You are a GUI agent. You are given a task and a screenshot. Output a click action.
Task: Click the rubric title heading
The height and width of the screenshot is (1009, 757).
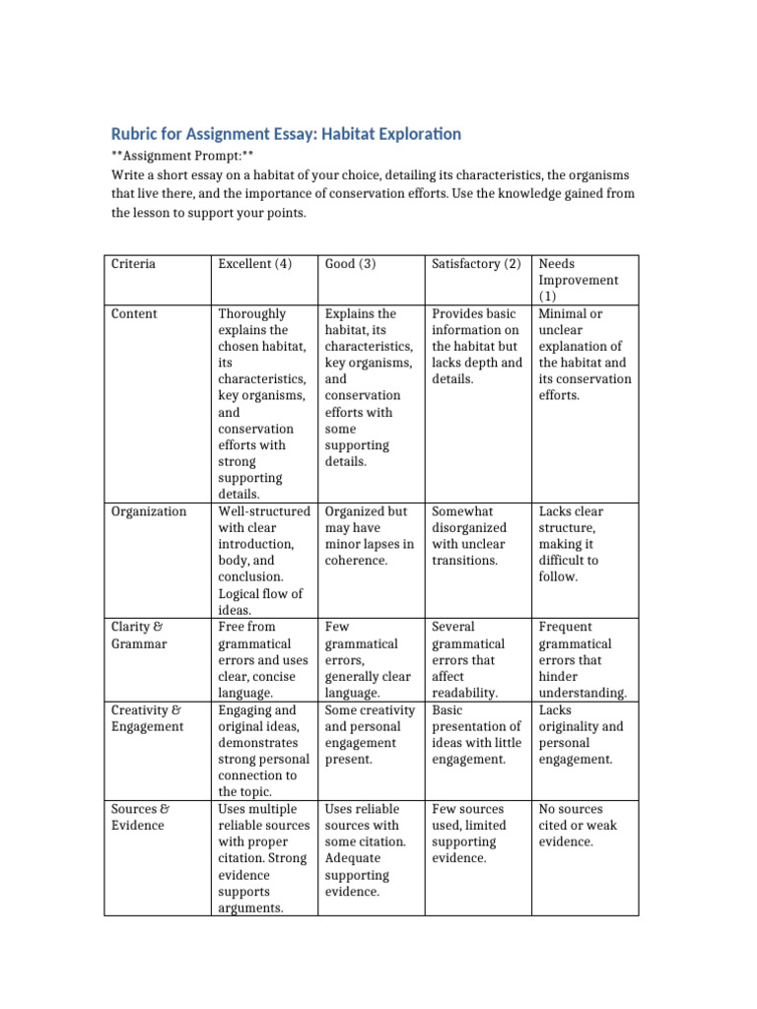285,133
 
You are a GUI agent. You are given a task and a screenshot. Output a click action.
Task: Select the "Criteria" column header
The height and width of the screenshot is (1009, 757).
133,264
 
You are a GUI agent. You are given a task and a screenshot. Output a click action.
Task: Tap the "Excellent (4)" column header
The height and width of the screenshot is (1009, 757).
255,264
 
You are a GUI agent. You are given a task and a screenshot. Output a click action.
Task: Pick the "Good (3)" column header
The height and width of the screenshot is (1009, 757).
351,264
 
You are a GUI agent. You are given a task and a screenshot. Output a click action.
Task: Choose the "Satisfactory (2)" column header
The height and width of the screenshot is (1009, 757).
476,264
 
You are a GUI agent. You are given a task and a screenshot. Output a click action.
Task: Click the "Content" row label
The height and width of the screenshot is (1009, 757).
134,314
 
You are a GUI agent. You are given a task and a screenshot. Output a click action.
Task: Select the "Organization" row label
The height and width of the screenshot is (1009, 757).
149,511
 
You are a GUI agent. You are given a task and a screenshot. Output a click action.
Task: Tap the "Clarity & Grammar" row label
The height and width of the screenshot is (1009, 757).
139,635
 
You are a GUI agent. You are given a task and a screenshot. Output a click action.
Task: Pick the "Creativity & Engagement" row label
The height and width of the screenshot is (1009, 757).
147,718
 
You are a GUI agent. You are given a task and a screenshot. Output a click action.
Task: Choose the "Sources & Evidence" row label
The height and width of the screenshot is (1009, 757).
139,817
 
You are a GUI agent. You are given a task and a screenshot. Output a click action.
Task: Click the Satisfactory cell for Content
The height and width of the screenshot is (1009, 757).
476,346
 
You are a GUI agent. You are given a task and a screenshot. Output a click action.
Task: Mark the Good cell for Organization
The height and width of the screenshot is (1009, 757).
369,536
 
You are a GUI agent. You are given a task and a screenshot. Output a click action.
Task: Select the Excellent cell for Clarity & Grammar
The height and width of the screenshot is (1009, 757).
261,659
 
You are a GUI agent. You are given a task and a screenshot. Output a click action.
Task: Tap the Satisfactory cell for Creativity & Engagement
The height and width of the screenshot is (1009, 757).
476,735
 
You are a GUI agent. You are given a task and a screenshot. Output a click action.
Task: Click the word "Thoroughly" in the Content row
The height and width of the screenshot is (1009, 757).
252,314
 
